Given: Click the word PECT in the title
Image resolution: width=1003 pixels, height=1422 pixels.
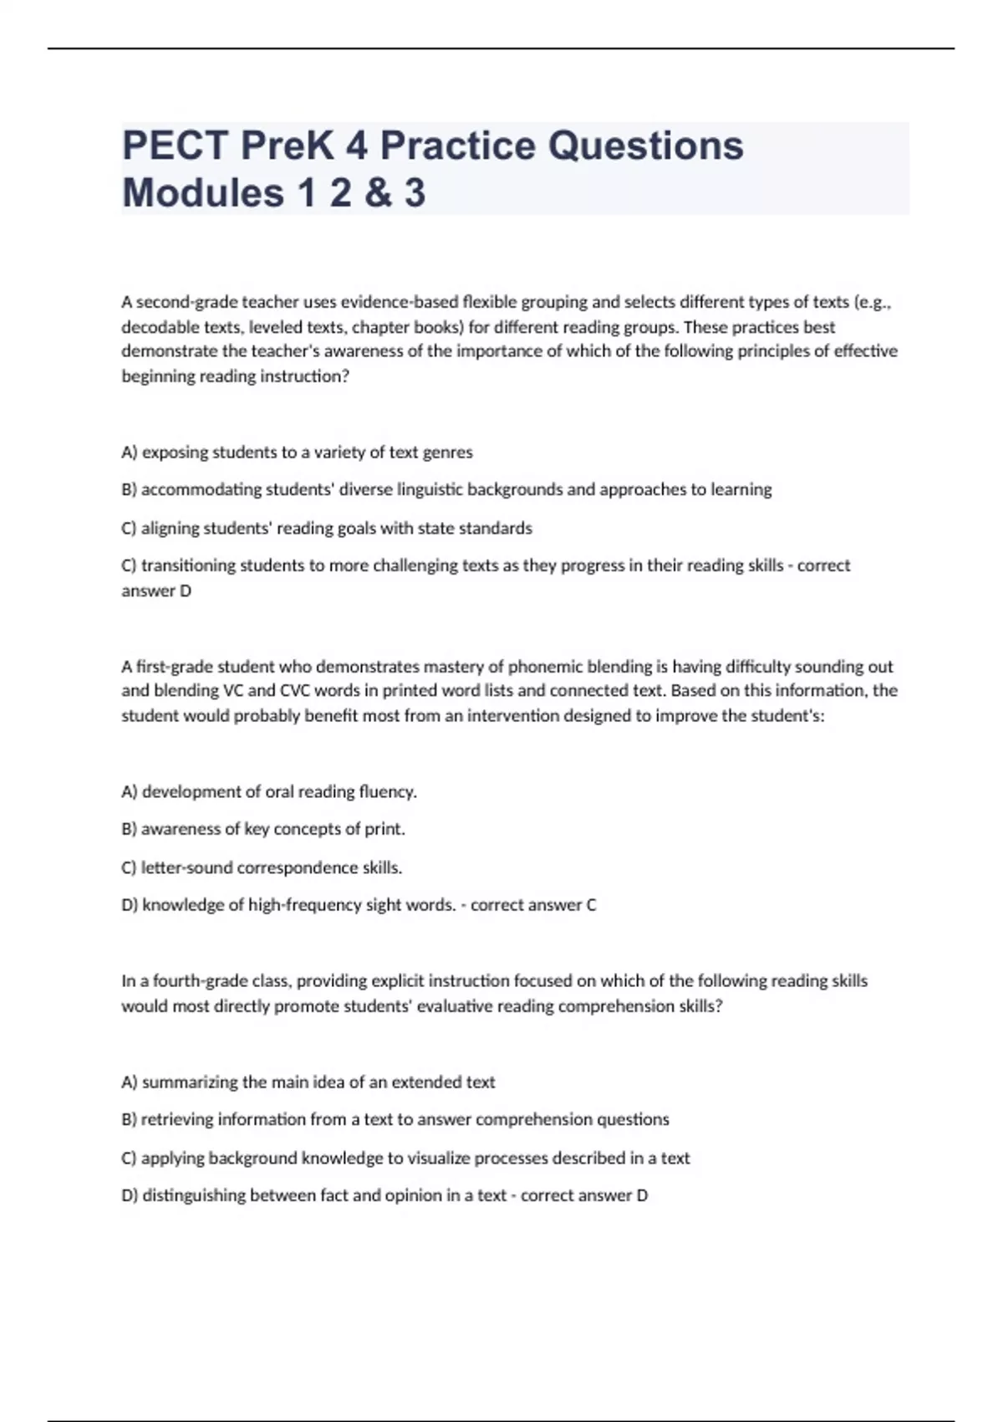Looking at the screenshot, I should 175,146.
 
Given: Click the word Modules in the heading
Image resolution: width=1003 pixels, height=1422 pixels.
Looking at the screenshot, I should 203,193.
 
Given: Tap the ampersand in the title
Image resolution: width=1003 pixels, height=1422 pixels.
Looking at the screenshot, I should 377,193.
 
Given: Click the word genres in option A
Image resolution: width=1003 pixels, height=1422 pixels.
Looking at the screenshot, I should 448,453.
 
